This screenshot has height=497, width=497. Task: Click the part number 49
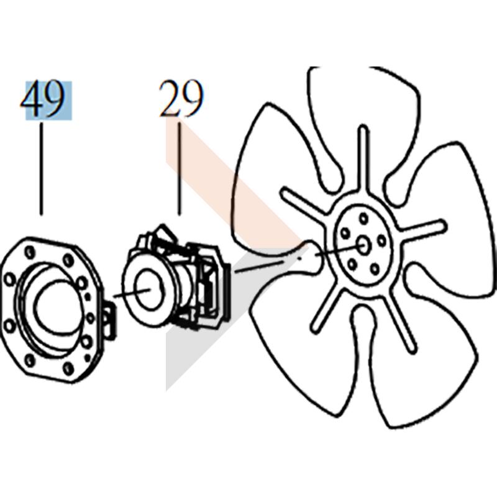point(42,99)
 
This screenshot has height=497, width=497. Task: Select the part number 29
point(180,99)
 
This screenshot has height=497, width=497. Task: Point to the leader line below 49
point(41,169)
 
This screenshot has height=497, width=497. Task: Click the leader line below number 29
point(180,169)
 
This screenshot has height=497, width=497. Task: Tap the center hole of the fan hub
point(363,245)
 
